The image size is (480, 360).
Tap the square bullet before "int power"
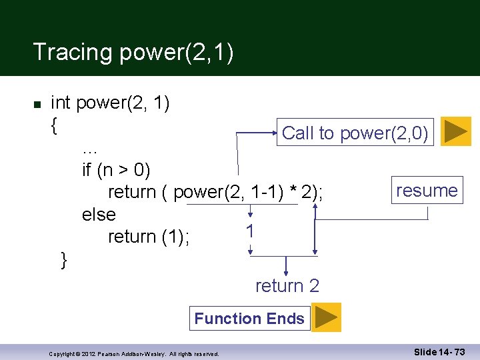pos(37,105)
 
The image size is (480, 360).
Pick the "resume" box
pos(427,191)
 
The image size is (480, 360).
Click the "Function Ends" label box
pos(249,319)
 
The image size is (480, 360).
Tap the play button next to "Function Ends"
pos(326,317)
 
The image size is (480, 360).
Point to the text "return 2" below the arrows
pos(287,286)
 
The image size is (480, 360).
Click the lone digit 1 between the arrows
pos(249,231)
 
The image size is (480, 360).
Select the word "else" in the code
pos(99,215)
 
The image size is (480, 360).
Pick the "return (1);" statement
pos(149,237)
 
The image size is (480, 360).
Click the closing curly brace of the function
pos(64,259)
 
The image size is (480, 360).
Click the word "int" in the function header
pos(61,103)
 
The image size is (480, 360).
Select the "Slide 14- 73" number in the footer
pos(439,351)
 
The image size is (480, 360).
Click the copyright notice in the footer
pos(134,353)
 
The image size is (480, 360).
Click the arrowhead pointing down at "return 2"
pos(286,272)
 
